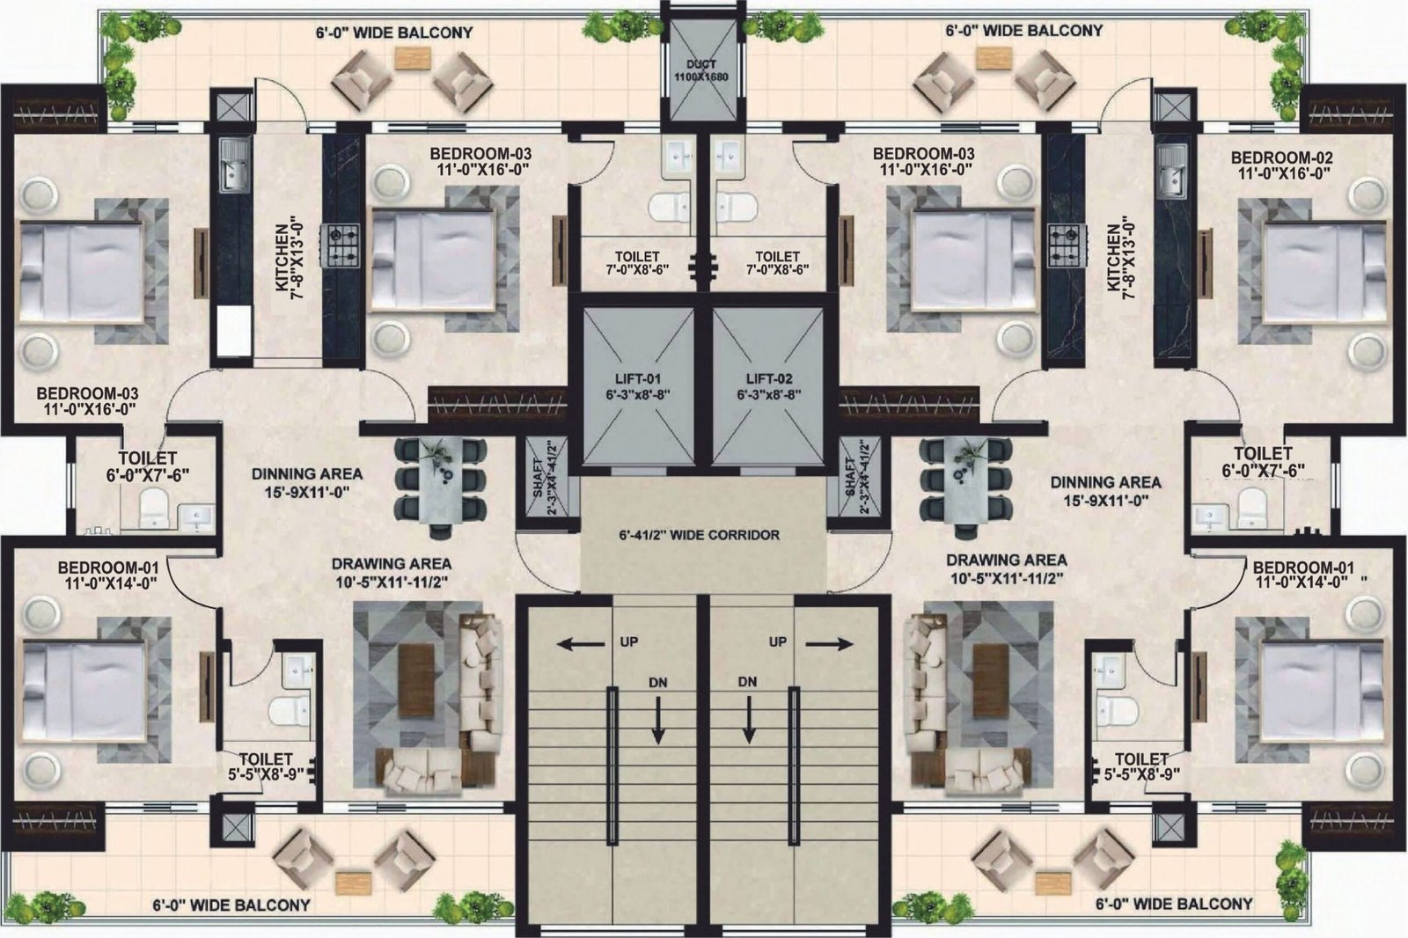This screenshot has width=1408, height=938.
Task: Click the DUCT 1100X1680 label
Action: coord(700,70)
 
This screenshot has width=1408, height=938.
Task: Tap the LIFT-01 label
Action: coord(637,386)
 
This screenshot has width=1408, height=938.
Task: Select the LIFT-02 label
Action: coord(769,386)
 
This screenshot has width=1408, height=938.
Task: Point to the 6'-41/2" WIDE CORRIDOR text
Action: coord(699,535)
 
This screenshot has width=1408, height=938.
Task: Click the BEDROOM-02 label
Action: coord(1281,165)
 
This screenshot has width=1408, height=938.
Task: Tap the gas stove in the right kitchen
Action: coord(1064,245)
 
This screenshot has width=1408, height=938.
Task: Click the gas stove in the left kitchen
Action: coord(340,245)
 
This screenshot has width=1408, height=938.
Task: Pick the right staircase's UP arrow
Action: coord(830,644)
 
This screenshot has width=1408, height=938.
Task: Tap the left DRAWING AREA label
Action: coord(391,572)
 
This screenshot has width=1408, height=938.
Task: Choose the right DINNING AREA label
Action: coord(1105,491)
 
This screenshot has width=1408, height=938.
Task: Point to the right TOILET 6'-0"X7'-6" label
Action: coord(1263,461)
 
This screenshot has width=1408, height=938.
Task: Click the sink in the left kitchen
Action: coord(234,165)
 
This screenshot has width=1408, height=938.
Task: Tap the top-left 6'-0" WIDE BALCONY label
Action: coord(394,32)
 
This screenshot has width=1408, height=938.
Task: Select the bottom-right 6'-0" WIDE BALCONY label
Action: coord(1174,904)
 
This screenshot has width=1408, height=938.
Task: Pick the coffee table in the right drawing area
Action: coord(991,681)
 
